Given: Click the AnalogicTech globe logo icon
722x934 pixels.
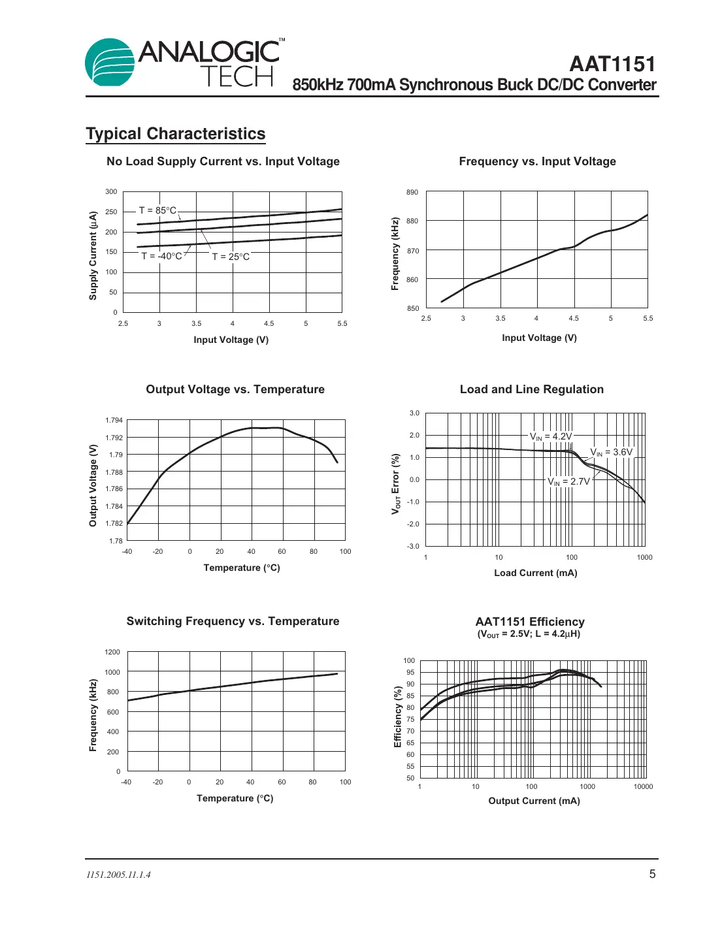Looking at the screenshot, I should coord(110,63).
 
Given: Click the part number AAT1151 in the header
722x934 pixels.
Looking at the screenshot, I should coord(612,64).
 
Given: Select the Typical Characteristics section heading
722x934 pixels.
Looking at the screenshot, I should coord(176,134).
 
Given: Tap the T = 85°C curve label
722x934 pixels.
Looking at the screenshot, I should coord(157,210).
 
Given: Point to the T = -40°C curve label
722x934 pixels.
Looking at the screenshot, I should coord(161,256).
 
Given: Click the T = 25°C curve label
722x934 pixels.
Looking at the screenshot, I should coord(231,257).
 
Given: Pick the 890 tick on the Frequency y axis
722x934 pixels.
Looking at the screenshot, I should coord(412,192).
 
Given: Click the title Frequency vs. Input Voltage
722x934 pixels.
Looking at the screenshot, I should coord(537,161).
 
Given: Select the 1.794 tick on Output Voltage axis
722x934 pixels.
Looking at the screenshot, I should coord(114,420).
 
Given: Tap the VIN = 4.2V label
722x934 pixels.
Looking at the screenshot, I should coord(550,436).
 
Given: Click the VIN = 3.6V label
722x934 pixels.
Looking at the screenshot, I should coord(611,452).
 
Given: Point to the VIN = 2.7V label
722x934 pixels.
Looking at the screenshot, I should coord(568,481).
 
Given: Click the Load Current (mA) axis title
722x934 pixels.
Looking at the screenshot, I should coord(535,573).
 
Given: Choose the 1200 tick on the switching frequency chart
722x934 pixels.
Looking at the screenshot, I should coord(112,652).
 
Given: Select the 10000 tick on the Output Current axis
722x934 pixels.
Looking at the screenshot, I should coord(643,786).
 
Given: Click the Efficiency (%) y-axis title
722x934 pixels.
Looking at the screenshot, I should coord(397,717).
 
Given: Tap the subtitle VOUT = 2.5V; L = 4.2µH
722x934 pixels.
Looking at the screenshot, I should coord(529,634).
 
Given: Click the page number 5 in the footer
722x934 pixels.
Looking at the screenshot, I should coord(651,874).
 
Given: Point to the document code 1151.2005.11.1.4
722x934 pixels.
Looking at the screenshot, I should coord(118,875).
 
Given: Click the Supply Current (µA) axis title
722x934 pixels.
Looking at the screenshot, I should coord(93,255).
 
